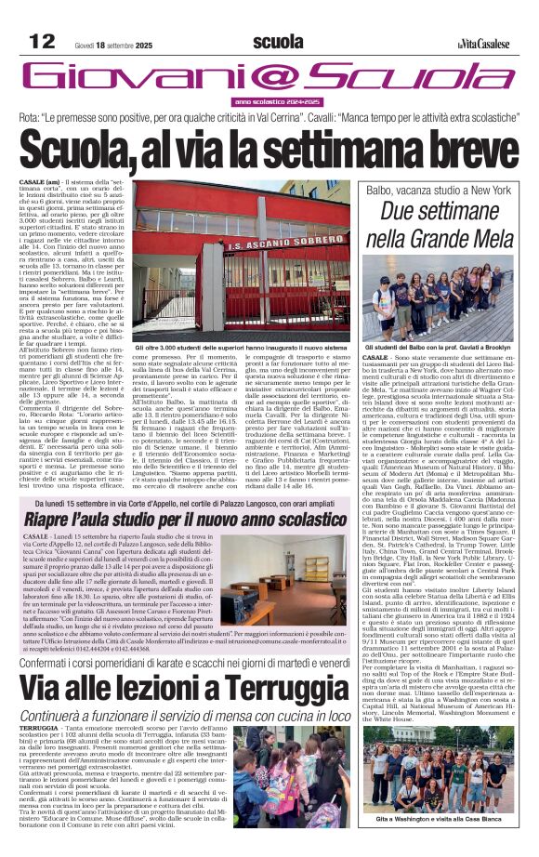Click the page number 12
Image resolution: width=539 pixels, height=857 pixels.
click(x=42, y=41)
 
